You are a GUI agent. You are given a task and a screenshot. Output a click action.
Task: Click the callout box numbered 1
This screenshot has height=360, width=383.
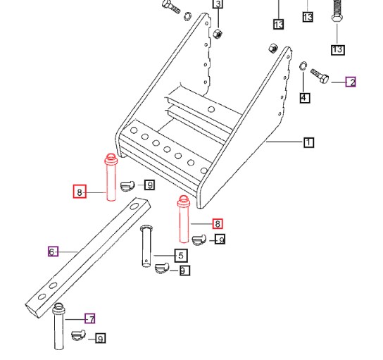coord(309,142)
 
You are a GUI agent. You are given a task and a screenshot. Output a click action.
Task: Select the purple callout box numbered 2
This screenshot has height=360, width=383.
coord(351,82)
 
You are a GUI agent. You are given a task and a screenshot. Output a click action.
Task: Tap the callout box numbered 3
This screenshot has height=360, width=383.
coord(218,4)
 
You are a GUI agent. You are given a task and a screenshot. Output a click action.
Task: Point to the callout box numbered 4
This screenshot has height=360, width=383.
coord(305,98)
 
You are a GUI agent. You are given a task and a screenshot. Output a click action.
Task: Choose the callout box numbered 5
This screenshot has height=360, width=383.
coord(181,256)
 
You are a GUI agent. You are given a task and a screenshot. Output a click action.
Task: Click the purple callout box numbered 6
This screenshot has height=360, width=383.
coord(53,251)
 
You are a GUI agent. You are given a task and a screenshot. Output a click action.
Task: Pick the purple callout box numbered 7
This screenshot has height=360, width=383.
coord(89,318)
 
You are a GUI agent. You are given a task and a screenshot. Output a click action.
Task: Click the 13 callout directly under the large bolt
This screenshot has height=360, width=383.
coord(338,49)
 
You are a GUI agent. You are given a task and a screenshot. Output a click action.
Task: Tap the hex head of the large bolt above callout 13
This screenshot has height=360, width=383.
coord(337,18)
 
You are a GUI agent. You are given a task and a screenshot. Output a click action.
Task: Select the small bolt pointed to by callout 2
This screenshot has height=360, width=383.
coord(320,76)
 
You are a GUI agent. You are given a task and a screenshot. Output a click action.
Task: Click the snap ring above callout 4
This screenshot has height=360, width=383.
coord(303,66)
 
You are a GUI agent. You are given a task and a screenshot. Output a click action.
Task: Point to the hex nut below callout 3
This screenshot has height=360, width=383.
coord(217,34)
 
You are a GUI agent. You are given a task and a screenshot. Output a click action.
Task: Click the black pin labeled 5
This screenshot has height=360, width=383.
coord(146,246)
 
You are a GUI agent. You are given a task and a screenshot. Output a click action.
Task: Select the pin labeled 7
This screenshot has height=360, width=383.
coord(58,326)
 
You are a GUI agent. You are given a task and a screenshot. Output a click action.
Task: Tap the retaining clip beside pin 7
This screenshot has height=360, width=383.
coord(79,335)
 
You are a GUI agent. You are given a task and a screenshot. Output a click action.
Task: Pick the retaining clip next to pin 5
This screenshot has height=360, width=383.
coord(162,268)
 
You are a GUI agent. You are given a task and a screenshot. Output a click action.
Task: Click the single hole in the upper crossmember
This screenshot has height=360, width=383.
coord(211,109)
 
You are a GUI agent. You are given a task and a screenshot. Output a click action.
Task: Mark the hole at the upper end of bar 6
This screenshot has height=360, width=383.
coord(134,206)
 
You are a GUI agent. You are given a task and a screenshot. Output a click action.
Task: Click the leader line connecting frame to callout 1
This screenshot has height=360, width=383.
coord(285,142)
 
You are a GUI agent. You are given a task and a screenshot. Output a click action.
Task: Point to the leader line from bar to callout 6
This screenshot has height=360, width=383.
coord(68,252)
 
